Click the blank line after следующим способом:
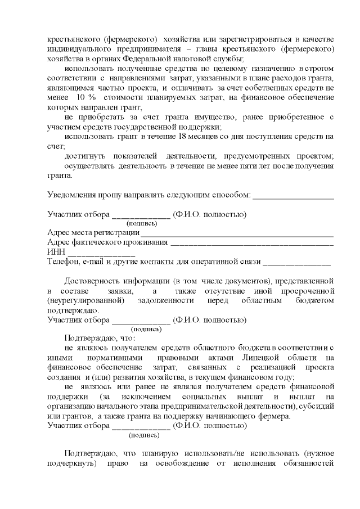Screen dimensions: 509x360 [293, 196]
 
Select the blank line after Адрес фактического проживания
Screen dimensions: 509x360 [251, 244]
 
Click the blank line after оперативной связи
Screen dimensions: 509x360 [296, 263]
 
